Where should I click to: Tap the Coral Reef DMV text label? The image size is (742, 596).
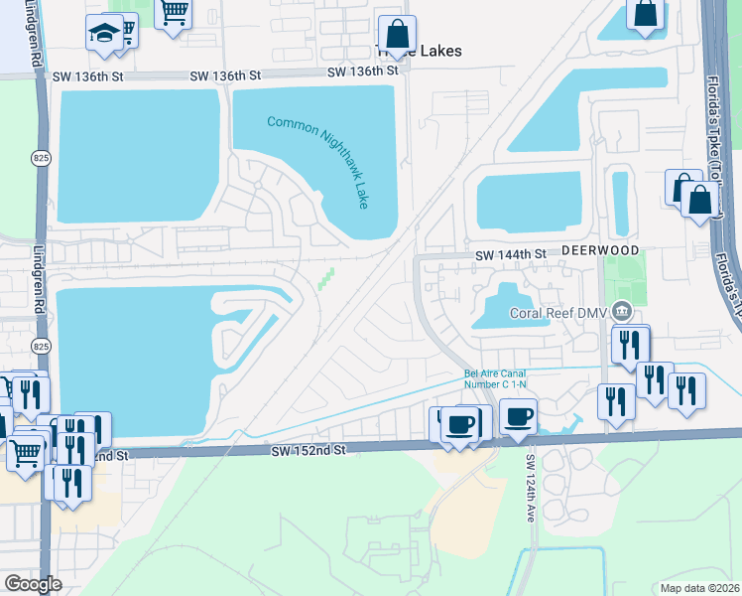(559, 312)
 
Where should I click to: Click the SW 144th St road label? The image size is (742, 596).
(511, 254)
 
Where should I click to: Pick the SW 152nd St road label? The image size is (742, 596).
(309, 450)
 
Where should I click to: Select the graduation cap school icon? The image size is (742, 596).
(103, 34)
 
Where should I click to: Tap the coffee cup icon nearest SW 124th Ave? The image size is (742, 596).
(518, 417)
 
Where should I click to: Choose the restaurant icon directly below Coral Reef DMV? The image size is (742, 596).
(630, 346)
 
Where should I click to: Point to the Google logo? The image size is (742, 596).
(33, 584)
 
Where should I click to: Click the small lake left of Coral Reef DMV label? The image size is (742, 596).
(502, 307)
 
